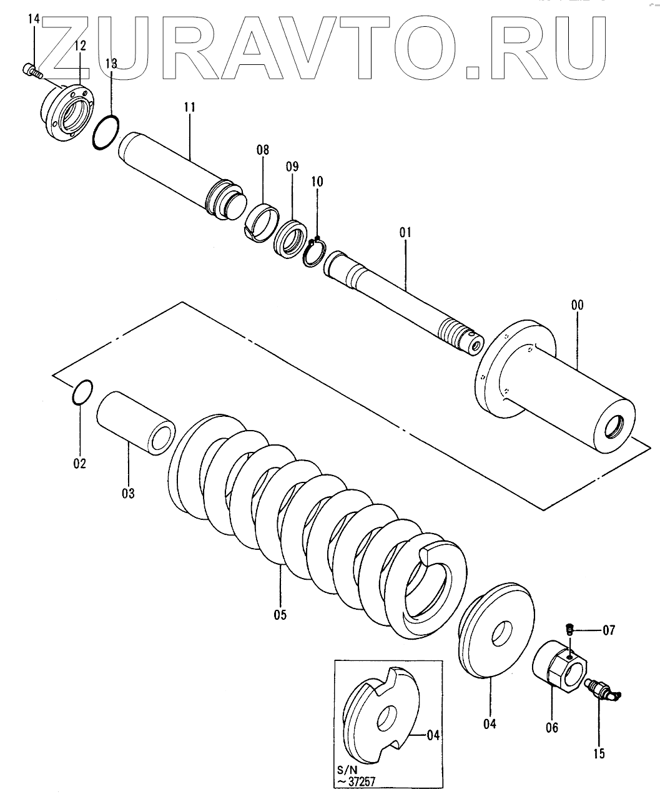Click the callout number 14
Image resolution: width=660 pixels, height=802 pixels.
pyautogui.click(x=33, y=20)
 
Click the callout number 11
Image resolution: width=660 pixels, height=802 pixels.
pyautogui.click(x=190, y=107)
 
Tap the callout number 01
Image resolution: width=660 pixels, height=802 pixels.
pyautogui.click(x=406, y=233)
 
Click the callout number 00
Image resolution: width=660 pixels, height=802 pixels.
pyautogui.click(x=578, y=306)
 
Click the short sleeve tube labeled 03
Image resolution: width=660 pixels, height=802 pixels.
pyautogui.click(x=135, y=421)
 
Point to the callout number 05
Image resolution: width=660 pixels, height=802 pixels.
pyautogui.click(x=280, y=615)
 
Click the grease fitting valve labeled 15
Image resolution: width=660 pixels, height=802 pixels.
pyautogui.click(x=603, y=690)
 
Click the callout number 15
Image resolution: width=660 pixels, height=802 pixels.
pyautogui.click(x=599, y=754)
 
